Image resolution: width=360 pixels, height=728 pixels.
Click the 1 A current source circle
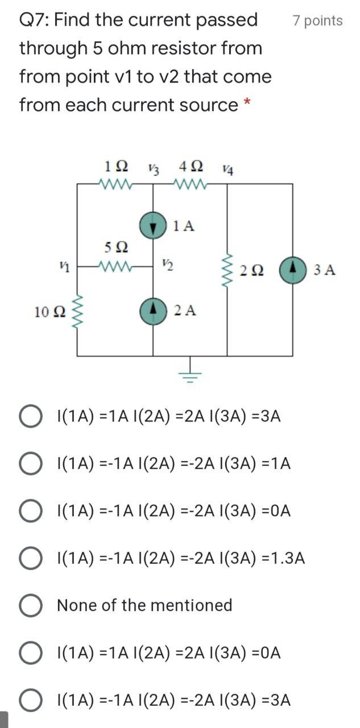pos(152,226)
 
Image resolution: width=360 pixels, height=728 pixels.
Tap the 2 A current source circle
pos(152,309)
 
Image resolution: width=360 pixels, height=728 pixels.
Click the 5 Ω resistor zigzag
pos(117,266)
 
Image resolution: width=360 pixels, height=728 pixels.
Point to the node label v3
pos(152,168)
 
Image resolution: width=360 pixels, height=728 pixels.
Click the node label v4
pos(227,168)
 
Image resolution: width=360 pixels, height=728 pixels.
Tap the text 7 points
pos(317,21)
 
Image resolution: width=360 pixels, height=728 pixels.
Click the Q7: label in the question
pos(35,20)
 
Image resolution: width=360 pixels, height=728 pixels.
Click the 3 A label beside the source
pos(324,269)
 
